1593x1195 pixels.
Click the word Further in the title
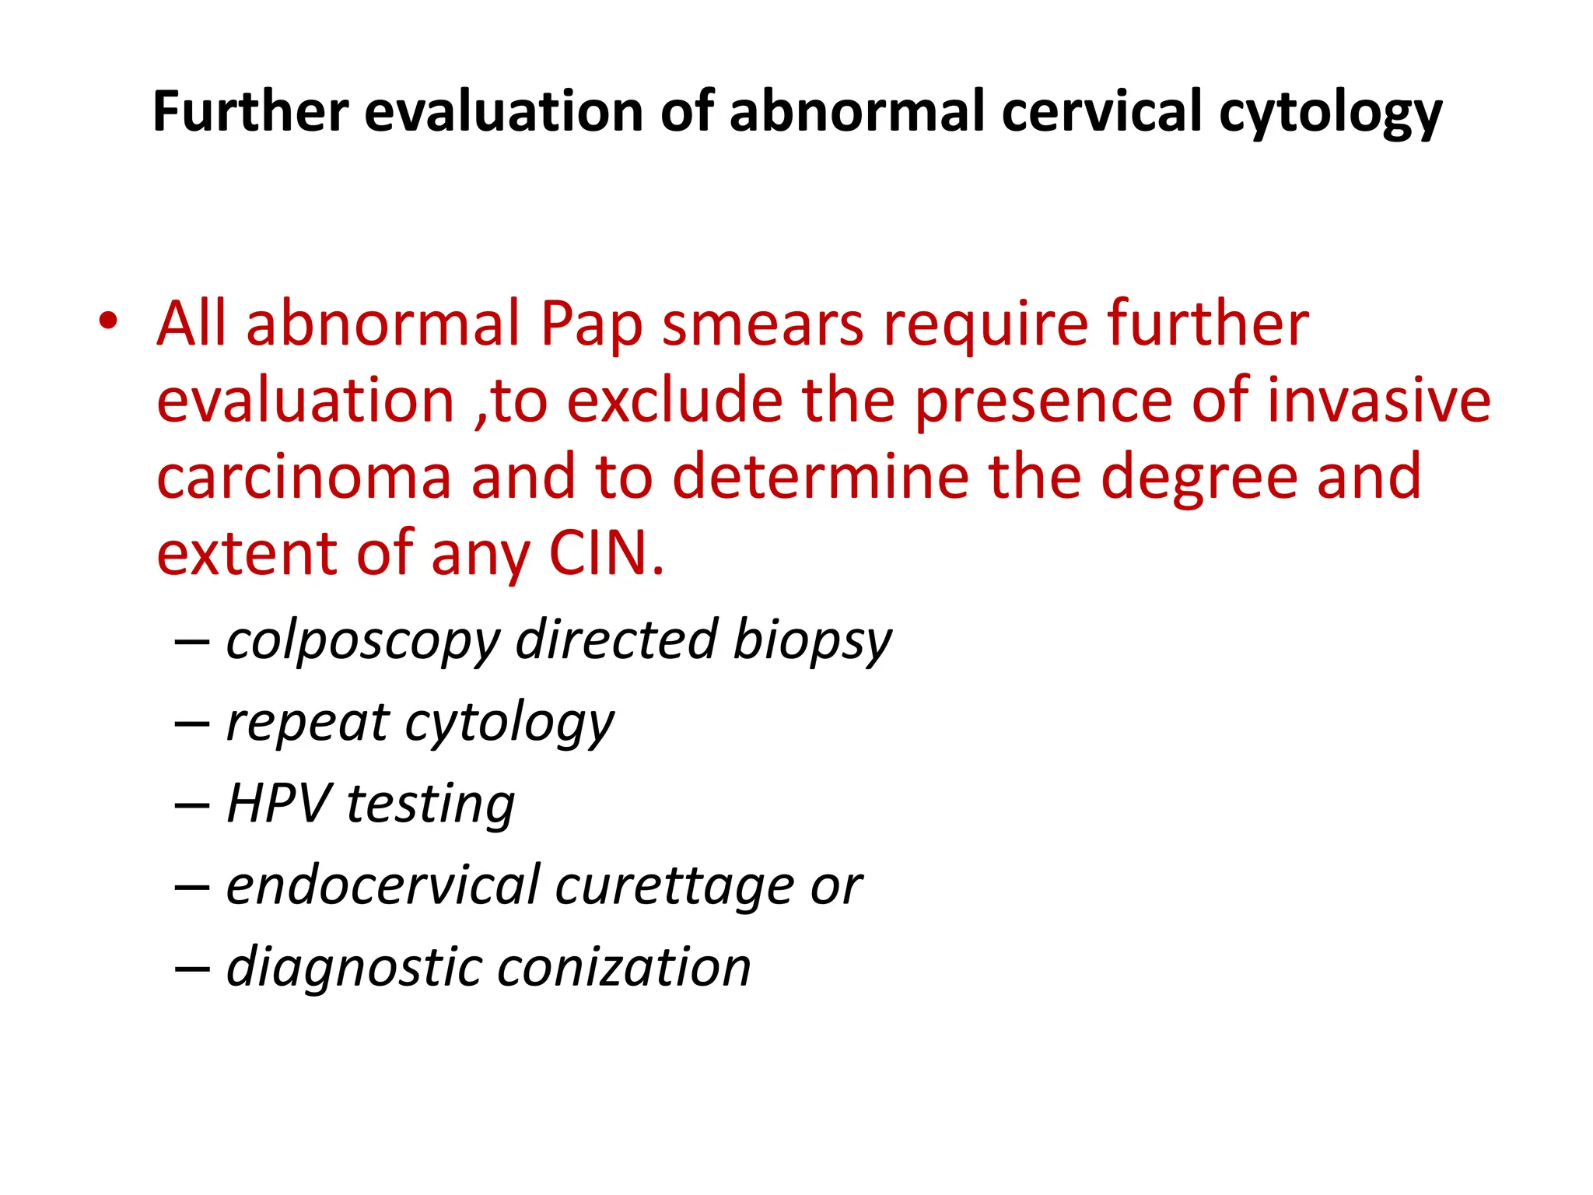point(250,111)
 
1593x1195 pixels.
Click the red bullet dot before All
point(108,321)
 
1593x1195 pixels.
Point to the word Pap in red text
point(591,325)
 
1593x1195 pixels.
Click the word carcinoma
point(304,477)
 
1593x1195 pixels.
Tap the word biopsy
point(812,642)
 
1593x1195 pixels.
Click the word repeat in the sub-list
point(308,724)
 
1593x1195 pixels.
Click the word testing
point(430,804)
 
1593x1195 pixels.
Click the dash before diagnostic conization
point(191,969)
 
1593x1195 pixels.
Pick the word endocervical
point(383,885)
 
